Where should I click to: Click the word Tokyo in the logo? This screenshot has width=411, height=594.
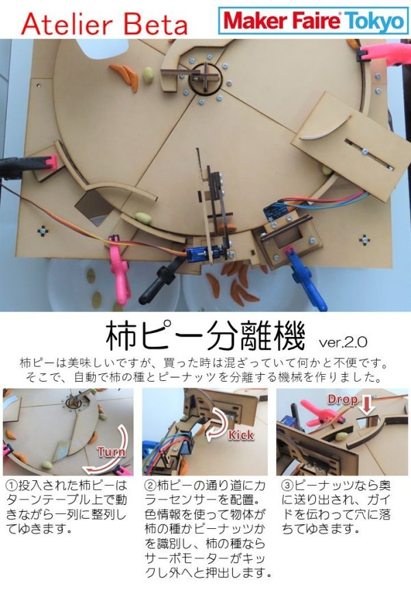[x=375, y=21]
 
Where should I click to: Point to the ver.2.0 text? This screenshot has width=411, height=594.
[x=343, y=341]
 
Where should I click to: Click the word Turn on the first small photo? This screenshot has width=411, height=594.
[x=111, y=452]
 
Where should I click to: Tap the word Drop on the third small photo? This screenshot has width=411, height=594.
[x=342, y=399]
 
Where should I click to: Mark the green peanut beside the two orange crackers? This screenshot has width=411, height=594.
[x=148, y=75]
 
